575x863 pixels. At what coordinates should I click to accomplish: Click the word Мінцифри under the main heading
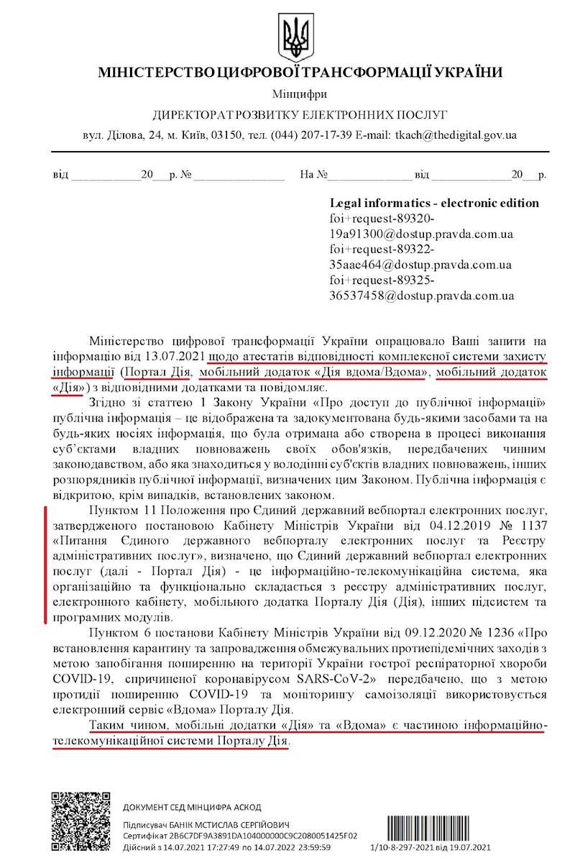[x=300, y=94]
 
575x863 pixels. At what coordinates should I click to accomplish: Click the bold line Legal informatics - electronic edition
[x=433, y=203]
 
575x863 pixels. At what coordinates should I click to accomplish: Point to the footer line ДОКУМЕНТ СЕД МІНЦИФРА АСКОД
[x=193, y=808]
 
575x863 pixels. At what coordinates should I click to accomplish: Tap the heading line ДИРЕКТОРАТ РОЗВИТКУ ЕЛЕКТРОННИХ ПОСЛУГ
[x=300, y=114]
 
